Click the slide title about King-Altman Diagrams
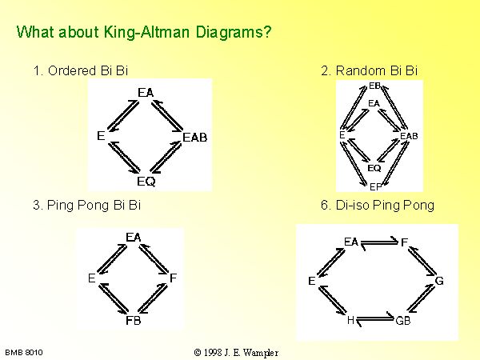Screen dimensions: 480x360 [x=144, y=33]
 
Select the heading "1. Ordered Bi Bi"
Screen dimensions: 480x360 [x=81, y=70]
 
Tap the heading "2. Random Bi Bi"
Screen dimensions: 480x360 [x=369, y=70]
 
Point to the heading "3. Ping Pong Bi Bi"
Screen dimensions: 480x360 [x=87, y=205]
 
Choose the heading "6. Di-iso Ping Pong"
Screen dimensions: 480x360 [x=378, y=205]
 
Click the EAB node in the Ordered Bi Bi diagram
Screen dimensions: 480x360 [x=195, y=138]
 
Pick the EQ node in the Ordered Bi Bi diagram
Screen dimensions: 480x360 [x=146, y=182]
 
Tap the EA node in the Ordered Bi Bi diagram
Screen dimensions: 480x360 [x=146, y=93]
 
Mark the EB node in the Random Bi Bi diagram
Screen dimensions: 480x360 [x=374, y=86]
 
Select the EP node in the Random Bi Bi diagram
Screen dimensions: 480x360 [x=375, y=186]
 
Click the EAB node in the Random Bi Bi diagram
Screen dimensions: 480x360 [x=409, y=136]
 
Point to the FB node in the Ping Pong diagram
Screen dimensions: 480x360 [x=134, y=321]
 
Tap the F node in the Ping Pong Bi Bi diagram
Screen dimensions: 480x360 [x=174, y=278]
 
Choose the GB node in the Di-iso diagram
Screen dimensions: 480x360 [x=403, y=321]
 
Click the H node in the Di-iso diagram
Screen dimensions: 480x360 [x=350, y=320]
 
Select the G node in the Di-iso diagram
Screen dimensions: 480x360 [x=439, y=281]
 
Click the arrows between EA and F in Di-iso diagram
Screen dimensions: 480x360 [x=379, y=243]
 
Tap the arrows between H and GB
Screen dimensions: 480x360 [x=375, y=319]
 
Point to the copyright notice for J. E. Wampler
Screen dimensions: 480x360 [x=236, y=353]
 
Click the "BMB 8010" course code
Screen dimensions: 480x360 [x=24, y=353]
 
